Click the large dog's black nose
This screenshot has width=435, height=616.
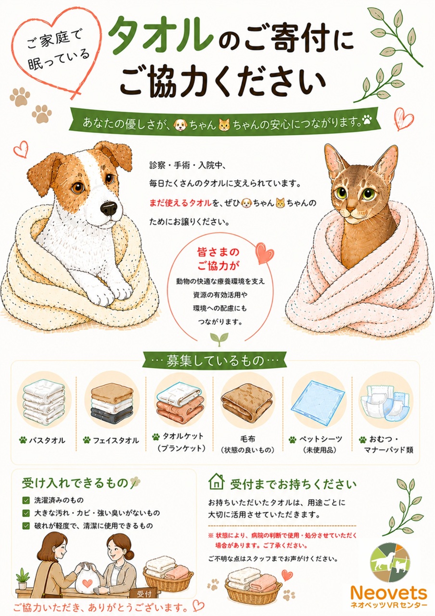tap(110, 208)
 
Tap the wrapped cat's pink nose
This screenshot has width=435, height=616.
tap(350, 209)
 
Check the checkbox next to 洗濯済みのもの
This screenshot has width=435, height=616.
tap(26, 500)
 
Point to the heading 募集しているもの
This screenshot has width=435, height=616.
tap(215, 360)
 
